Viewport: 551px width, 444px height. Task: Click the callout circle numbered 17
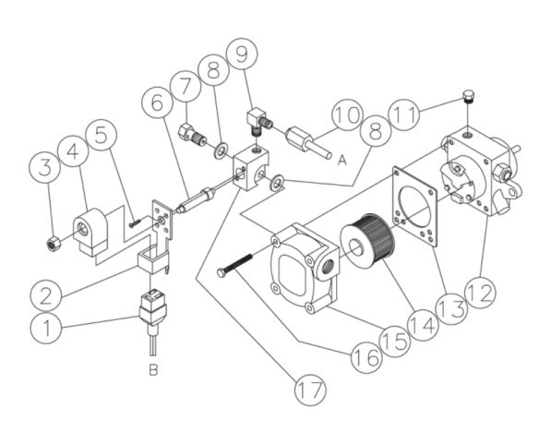[311, 389]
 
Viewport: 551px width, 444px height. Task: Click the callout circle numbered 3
[45, 168]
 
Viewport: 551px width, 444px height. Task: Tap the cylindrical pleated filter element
[368, 238]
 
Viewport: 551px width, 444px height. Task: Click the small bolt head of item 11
[468, 97]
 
